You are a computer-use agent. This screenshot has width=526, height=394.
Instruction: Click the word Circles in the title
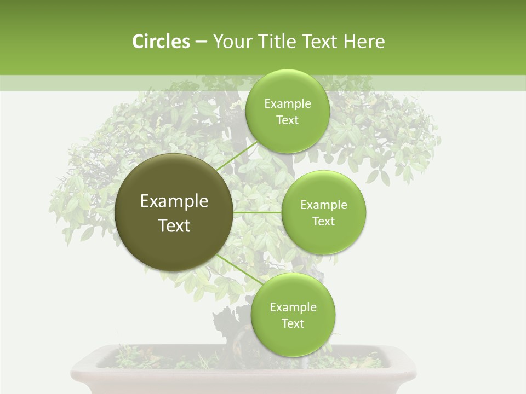[161, 42]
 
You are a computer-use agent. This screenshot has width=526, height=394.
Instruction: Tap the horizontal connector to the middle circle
[257, 212]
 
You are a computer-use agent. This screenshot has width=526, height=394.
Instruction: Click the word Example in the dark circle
[174, 201]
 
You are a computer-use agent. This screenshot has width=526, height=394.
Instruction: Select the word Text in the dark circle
[174, 225]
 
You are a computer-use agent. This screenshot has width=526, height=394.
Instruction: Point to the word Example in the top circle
[287, 104]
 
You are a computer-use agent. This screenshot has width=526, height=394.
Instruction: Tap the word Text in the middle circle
[323, 221]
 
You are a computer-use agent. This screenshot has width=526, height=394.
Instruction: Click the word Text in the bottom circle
[293, 323]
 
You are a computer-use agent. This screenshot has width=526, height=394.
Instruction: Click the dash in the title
[201, 42]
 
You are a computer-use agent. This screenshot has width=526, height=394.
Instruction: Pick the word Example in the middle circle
[323, 205]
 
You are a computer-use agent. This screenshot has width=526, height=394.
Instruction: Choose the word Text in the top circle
[287, 120]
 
